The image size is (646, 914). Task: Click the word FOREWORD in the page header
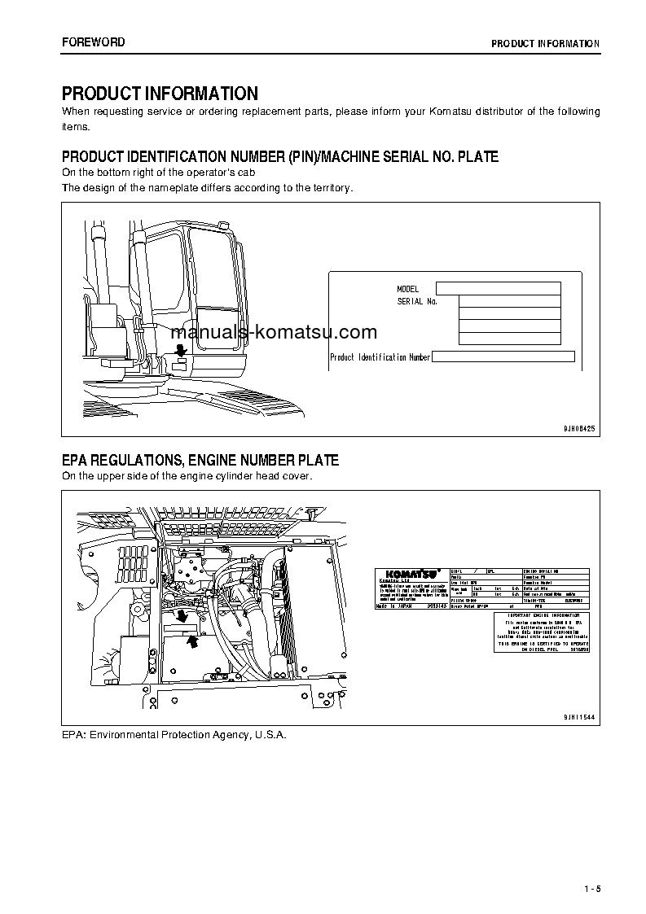(94, 42)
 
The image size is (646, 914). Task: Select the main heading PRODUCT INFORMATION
(160, 94)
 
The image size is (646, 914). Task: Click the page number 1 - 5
(591, 888)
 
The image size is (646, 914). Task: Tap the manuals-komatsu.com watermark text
(274, 332)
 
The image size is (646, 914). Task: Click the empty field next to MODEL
(498, 288)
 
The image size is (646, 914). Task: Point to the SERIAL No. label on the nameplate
(417, 302)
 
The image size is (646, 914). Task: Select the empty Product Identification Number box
(503, 356)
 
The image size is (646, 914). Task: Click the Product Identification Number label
(380, 357)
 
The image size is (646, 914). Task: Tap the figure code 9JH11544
(579, 716)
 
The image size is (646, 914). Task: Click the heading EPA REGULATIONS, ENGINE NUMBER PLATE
(200, 461)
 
